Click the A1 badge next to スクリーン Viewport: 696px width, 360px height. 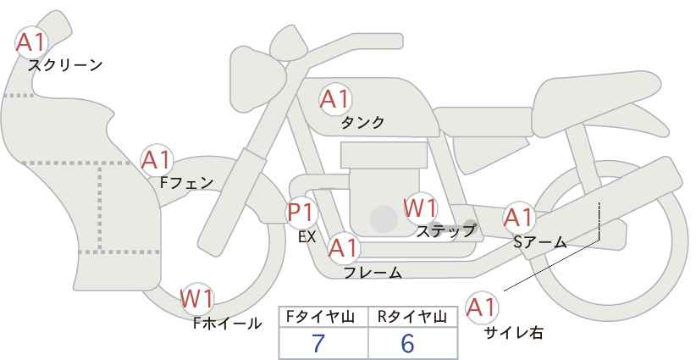[x=31, y=41]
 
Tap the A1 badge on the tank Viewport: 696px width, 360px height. [x=334, y=99]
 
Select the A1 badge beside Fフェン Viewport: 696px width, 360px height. [x=157, y=158]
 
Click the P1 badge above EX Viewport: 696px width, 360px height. [x=301, y=211]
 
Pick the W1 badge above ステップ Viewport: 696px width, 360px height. [x=419, y=207]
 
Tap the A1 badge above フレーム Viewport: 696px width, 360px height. [x=344, y=248]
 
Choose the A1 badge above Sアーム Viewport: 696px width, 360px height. [x=518, y=218]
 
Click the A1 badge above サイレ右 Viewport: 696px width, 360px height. [x=483, y=307]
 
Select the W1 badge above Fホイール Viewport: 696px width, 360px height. [x=197, y=298]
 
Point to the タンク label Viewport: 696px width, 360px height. [x=362, y=122]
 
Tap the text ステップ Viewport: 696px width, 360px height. [x=445, y=230]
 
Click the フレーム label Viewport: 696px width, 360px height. [x=373, y=273]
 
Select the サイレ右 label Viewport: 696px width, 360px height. [x=513, y=333]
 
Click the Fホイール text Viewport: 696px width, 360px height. [x=228, y=323]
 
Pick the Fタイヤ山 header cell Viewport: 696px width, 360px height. [x=323, y=317]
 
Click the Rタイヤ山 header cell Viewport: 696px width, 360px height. [x=412, y=317]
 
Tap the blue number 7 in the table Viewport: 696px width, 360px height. [x=318, y=344]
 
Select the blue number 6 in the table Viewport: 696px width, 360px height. [x=407, y=344]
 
